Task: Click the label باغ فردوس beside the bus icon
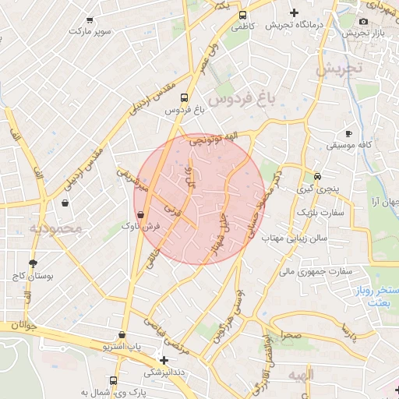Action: point(184,111)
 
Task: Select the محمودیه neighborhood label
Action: point(55,228)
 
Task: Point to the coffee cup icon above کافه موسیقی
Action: point(348,133)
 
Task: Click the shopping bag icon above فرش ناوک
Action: point(140,213)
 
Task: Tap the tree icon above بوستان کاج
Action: point(33,263)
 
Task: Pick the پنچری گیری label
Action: point(318,189)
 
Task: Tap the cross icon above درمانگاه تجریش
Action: point(294,12)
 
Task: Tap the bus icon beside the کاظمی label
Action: point(243,15)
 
